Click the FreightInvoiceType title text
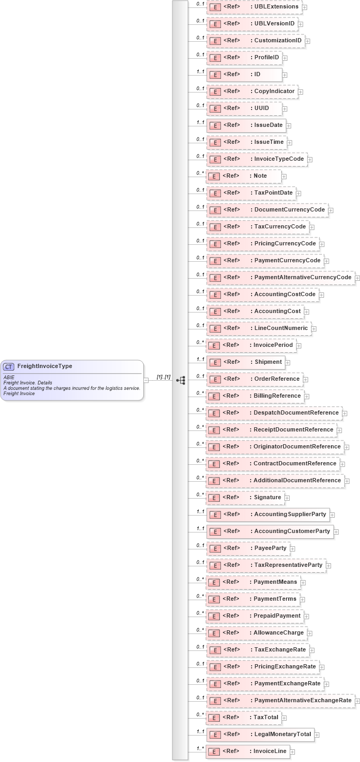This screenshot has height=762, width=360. (45, 366)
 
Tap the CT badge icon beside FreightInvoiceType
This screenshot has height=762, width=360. (8, 366)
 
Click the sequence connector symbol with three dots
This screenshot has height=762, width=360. (181, 380)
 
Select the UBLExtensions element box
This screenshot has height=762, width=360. (254, 7)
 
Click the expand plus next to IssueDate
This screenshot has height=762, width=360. (289, 126)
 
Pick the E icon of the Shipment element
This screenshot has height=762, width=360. (215, 362)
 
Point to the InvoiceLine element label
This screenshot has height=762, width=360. (270, 751)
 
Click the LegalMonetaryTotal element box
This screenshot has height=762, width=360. (260, 734)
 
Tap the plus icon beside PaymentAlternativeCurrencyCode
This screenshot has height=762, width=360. (357, 278)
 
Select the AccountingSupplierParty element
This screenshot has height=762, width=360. (268, 514)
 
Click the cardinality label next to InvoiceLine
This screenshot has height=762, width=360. (200, 748)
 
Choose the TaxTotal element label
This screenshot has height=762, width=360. (266, 717)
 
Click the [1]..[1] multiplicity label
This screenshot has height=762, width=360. (163, 377)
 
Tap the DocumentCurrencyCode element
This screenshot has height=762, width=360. (267, 210)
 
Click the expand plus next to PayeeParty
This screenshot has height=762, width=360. (292, 548)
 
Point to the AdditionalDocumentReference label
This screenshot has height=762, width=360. (298, 480)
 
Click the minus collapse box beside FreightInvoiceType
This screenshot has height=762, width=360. (146, 380)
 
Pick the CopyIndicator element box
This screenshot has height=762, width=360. (252, 91)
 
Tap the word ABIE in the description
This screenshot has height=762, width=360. (9, 378)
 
